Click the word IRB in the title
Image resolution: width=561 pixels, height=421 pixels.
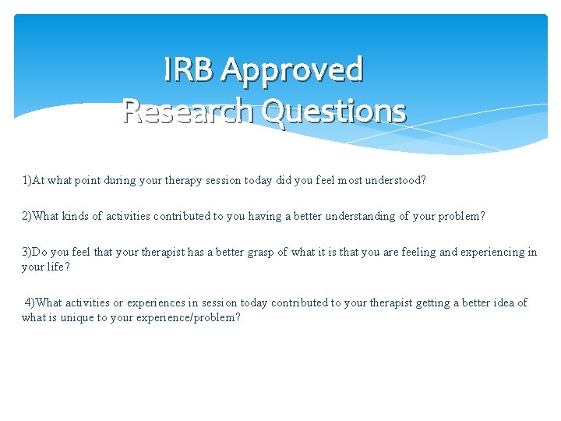189,70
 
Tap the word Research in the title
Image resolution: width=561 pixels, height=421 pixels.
189,111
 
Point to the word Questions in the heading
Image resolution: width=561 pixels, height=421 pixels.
334,111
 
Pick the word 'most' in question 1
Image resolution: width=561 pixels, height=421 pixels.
342,180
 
